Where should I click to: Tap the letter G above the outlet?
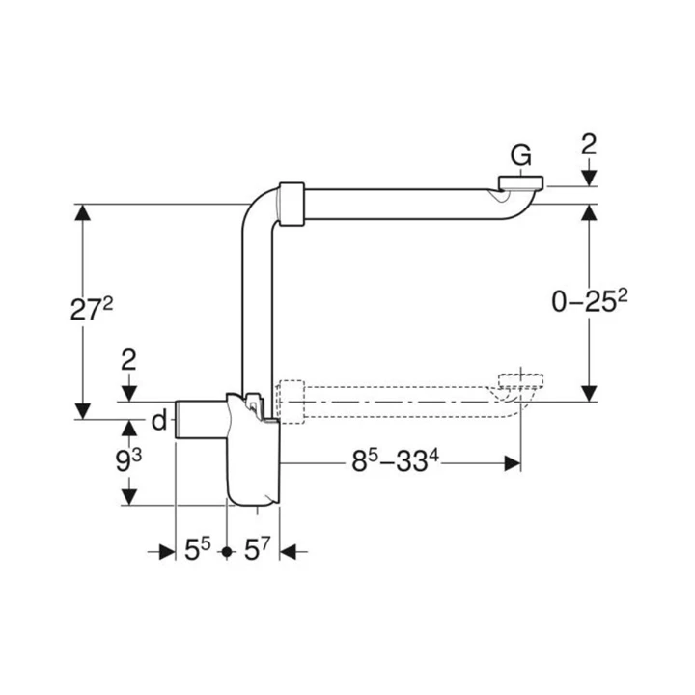(521, 154)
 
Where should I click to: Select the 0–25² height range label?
(590, 302)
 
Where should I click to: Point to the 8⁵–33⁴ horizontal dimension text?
(395, 463)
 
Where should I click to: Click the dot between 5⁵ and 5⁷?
(226, 552)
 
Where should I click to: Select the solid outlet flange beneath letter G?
(521, 182)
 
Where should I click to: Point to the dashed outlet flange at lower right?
(521, 377)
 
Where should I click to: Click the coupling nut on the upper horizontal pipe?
(292, 203)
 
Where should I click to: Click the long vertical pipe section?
(251, 309)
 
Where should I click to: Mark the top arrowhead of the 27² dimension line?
(83, 212)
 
